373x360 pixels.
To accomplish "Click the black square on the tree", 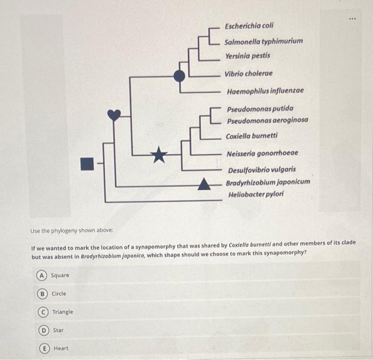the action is (x=87, y=164).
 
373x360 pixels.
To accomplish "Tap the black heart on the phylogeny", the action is (x=114, y=115).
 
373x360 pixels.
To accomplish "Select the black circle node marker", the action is (x=180, y=76).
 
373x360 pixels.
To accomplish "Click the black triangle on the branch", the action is (x=204, y=185).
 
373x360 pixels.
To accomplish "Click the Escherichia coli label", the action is (x=249, y=26).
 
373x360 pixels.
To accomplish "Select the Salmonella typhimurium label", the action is (x=263, y=41).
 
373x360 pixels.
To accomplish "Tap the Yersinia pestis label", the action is (x=247, y=55).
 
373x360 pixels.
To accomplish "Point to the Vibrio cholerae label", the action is (x=248, y=74).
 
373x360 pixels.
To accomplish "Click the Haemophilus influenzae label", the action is (x=265, y=91).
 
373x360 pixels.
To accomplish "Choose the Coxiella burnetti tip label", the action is (x=252, y=136).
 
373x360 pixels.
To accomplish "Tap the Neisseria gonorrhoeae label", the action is (x=262, y=153).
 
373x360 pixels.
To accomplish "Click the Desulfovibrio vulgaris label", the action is (x=262, y=170).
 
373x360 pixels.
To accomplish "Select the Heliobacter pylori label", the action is (x=256, y=194).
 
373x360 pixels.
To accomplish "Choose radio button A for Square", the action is (x=41, y=275).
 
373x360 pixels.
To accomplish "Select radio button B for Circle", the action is (x=41, y=294).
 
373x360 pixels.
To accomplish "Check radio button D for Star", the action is (x=41, y=330).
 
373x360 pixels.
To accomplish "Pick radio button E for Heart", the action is (x=41, y=348).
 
